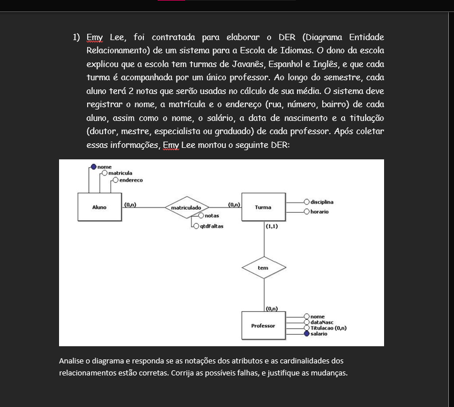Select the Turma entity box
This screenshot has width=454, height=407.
(263, 208)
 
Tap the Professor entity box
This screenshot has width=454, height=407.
(263, 326)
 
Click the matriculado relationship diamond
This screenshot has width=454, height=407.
(186, 207)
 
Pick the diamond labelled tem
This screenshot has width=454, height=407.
(263, 268)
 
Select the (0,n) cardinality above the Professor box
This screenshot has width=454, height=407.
(272, 310)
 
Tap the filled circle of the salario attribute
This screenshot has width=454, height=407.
(307, 334)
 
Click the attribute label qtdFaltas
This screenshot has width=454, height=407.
(211, 226)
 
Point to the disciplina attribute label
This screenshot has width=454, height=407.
(322, 202)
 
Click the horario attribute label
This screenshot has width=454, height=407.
(320, 212)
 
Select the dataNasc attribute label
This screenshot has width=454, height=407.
(321, 322)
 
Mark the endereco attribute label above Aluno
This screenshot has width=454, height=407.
(131, 180)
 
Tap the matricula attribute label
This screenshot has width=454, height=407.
(120, 173)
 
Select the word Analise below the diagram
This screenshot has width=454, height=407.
(71, 361)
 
